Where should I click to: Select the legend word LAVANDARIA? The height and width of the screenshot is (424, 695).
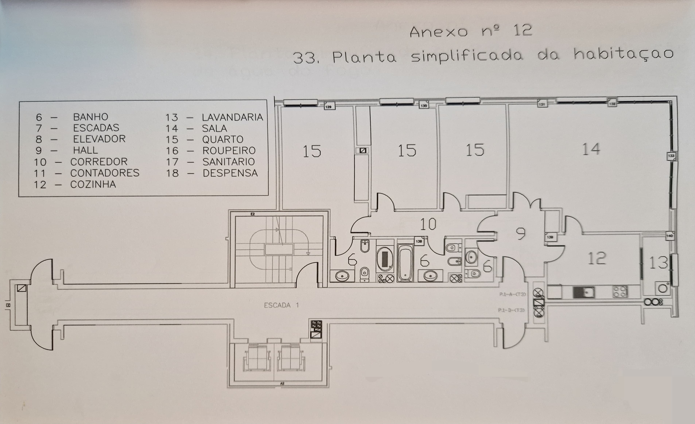[232, 117]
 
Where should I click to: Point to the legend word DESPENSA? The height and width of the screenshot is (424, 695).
[230, 173]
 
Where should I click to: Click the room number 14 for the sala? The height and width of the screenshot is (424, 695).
[591, 149]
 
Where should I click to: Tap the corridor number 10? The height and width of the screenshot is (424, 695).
[428, 224]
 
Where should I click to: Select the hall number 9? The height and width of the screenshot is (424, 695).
[520, 234]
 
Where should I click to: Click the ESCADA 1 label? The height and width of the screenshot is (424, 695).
[281, 305]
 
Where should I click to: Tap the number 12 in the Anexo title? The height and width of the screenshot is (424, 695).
[523, 30]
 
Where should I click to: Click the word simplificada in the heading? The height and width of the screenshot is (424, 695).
[467, 56]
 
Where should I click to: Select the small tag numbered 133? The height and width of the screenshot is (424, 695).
[671, 156]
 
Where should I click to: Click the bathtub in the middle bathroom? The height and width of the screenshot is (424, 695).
[405, 263]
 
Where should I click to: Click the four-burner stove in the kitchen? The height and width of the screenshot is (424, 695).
[620, 292]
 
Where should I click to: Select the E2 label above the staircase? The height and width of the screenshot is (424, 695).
[253, 214]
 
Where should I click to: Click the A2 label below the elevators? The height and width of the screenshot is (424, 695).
[282, 383]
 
